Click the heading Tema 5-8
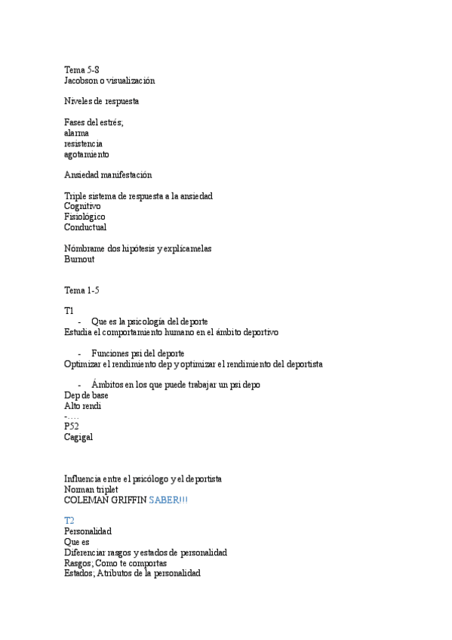coord(81,69)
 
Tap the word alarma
coord(77,132)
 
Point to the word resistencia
coord(84,143)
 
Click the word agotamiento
coord(87,154)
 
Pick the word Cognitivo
coord(82,206)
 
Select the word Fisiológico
coord(85,217)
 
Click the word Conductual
coord(85,227)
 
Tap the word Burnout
coord(80,259)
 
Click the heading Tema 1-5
coord(81,291)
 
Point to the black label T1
coord(69,311)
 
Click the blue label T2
coord(69,521)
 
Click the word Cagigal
coord(79,437)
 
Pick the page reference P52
coord(72,426)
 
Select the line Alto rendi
coord(82,405)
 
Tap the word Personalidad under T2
coord(88,531)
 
